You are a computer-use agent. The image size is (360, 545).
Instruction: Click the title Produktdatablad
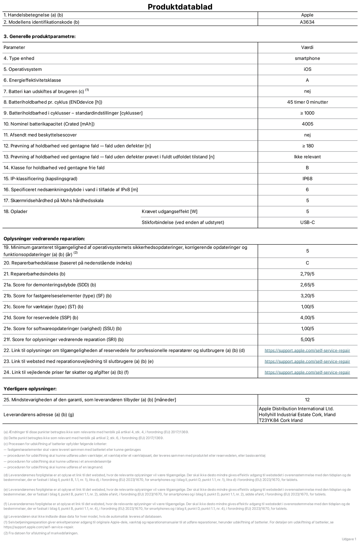(x=180, y=7)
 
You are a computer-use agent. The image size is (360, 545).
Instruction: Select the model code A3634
(x=307, y=22)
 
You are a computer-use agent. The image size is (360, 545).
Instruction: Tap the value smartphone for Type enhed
(x=307, y=58)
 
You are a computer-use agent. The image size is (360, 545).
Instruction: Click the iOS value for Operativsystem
(x=307, y=69)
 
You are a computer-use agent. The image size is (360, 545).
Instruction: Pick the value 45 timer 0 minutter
(x=307, y=102)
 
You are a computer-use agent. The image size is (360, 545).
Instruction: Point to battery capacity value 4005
(x=307, y=124)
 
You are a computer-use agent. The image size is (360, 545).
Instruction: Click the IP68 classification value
(x=307, y=179)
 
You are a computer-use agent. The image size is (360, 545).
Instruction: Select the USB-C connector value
(x=307, y=222)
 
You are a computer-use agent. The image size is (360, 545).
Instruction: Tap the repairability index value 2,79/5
(x=307, y=274)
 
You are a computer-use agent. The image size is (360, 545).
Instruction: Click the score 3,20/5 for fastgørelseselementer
(x=307, y=296)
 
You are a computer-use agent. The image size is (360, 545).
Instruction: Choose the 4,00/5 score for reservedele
(x=307, y=318)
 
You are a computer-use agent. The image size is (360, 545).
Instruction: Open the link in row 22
(x=307, y=351)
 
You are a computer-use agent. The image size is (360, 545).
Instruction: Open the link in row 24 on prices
(x=307, y=372)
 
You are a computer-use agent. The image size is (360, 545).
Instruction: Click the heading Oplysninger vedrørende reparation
(x=44, y=239)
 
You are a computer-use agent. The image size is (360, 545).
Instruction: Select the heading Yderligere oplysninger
(x=30, y=389)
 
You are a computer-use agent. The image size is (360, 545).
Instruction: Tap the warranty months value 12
(x=307, y=400)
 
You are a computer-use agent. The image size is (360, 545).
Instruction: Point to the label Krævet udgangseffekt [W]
(x=169, y=211)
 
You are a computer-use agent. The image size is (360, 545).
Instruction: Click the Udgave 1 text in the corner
(x=349, y=539)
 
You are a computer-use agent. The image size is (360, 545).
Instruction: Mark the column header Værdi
(x=307, y=47)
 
